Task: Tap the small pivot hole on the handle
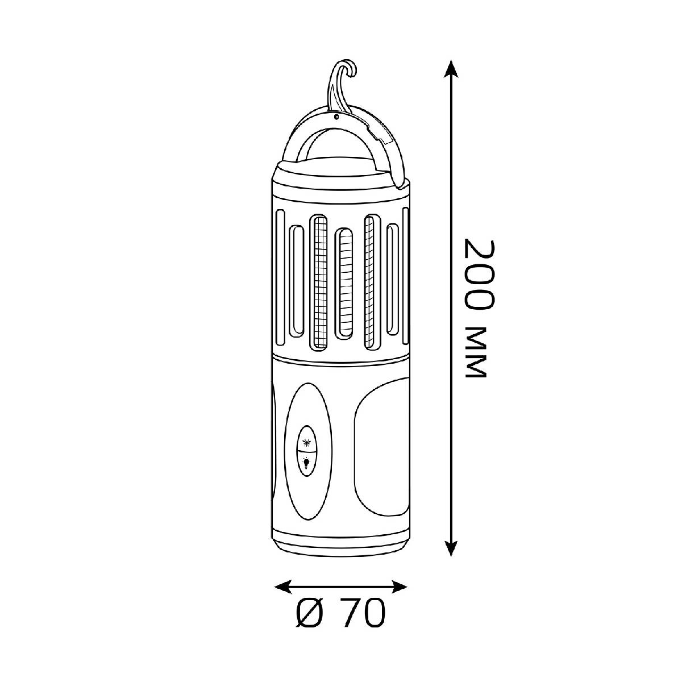336,116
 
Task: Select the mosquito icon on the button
306,442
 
